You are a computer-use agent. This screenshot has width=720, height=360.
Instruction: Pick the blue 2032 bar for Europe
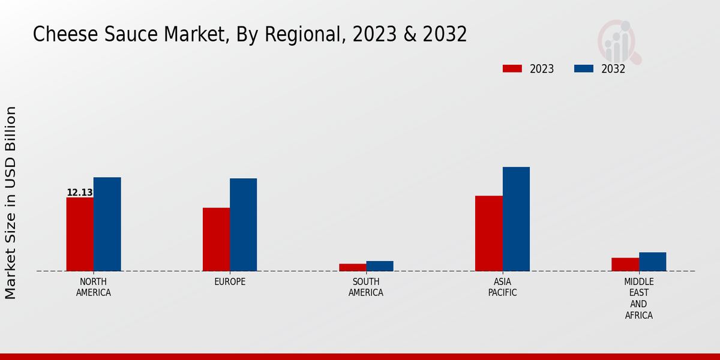(243, 224)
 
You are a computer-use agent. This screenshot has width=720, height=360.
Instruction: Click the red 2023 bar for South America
(352, 267)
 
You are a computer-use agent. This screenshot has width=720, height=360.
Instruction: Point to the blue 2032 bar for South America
(380, 266)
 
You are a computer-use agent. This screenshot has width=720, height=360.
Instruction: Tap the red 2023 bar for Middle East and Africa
(625, 264)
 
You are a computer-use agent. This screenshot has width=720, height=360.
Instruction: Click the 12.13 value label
(80, 193)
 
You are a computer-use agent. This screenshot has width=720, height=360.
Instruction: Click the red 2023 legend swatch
(512, 68)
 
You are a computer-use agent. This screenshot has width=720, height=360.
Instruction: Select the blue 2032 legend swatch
(584, 68)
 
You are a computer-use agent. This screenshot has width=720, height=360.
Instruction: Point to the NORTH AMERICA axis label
(94, 287)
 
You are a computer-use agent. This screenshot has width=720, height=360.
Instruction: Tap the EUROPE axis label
(230, 282)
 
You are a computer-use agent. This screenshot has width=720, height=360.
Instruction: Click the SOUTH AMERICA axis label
(366, 287)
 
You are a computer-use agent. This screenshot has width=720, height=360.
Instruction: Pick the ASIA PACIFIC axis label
(502, 287)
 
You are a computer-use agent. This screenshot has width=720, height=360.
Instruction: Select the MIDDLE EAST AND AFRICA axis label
(639, 298)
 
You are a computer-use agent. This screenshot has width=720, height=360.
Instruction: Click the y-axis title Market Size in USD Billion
(11, 203)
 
